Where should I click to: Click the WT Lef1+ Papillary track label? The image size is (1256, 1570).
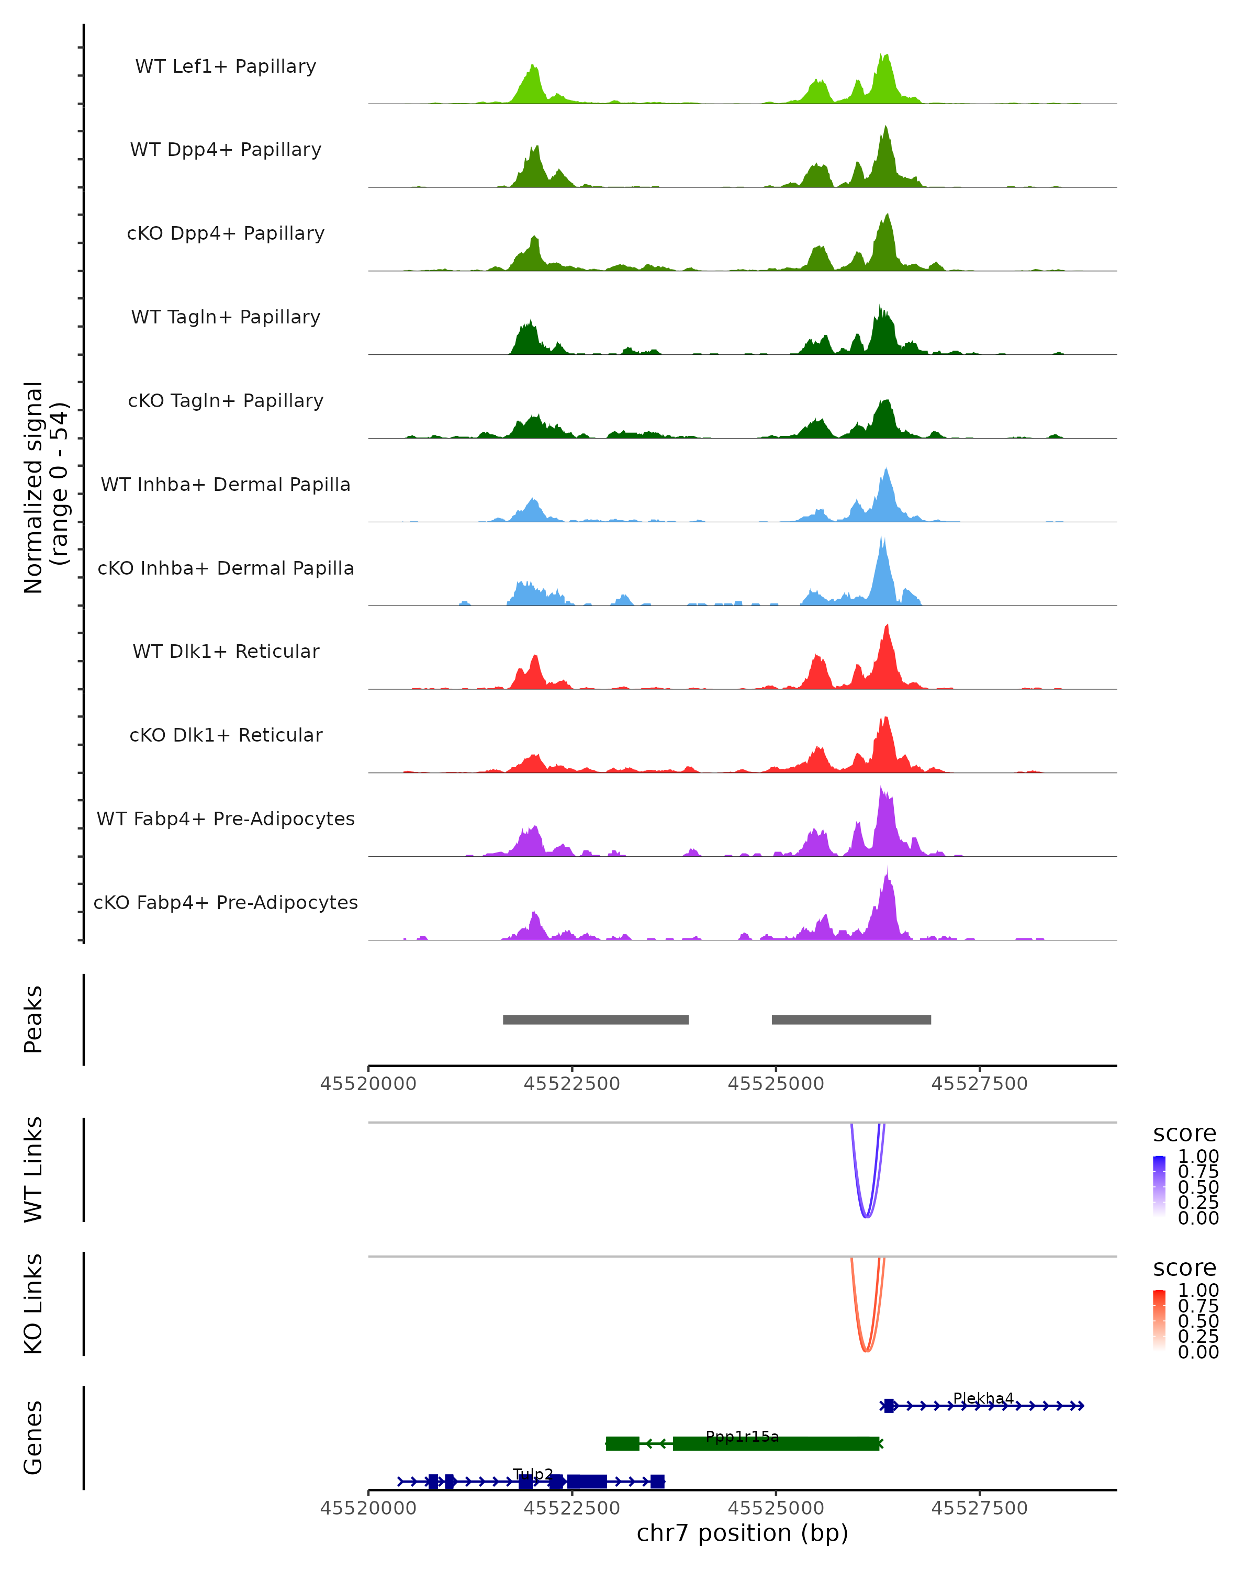(x=226, y=66)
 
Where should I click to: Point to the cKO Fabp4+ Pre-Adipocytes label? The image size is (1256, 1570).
(x=226, y=902)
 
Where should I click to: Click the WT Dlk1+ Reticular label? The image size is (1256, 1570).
(x=226, y=651)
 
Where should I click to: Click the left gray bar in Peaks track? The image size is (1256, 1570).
(x=596, y=1019)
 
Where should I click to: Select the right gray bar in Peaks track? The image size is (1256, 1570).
(x=851, y=1019)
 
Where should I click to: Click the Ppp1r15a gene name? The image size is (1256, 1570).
(x=742, y=1437)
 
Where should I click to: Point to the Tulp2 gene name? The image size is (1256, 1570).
(x=533, y=1474)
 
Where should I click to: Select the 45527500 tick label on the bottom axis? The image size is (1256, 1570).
(x=979, y=1508)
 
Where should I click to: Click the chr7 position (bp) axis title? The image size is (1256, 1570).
(x=742, y=1533)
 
